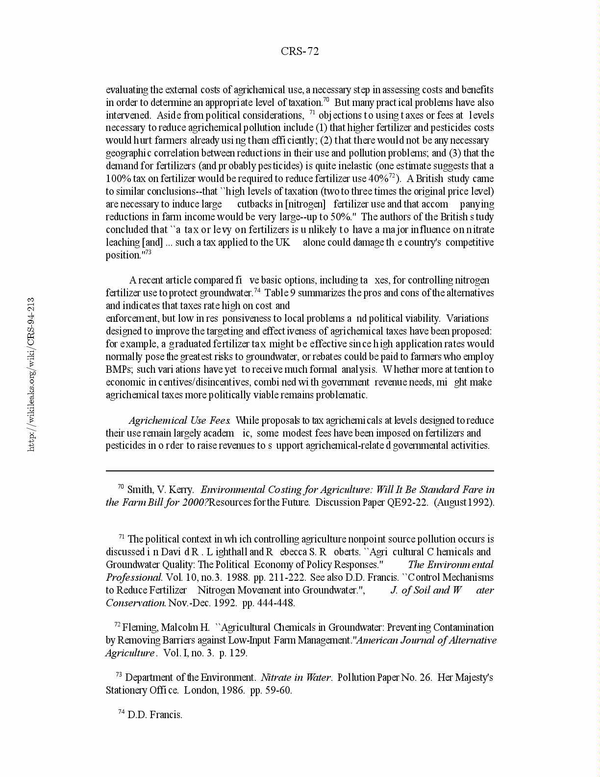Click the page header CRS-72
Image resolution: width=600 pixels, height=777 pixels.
[x=300, y=52]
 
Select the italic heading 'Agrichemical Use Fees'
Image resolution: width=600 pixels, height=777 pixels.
[x=179, y=420]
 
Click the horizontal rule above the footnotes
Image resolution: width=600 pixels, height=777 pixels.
[x=300, y=471]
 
